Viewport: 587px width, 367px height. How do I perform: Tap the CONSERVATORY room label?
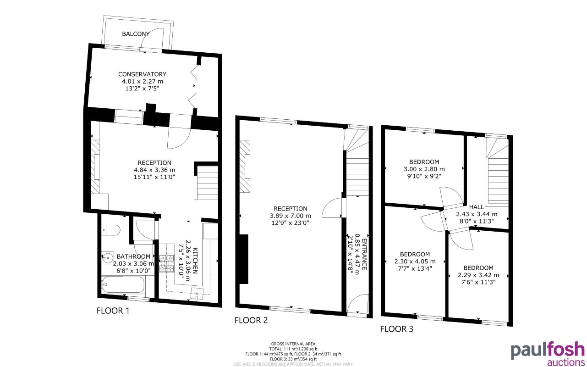coord(142,74)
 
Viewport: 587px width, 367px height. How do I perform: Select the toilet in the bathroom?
coord(110,230)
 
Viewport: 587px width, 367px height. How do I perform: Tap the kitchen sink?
coord(197,294)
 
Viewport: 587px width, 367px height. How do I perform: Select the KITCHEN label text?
coord(196,260)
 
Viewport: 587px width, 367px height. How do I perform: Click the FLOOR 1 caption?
coord(113,311)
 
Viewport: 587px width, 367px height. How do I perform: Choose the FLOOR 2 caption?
coord(251,320)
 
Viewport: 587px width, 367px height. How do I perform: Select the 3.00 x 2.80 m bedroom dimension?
coord(424,169)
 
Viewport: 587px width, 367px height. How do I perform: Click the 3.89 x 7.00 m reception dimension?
coord(291,216)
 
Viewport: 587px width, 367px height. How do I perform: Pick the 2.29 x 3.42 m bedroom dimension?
coord(478,275)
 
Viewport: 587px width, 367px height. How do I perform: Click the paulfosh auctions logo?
coord(547,354)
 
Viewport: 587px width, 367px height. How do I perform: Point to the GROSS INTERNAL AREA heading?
coord(293,344)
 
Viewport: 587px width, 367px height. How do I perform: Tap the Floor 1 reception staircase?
coord(207,183)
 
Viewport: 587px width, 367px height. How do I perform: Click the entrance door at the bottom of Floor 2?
coord(357,306)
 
